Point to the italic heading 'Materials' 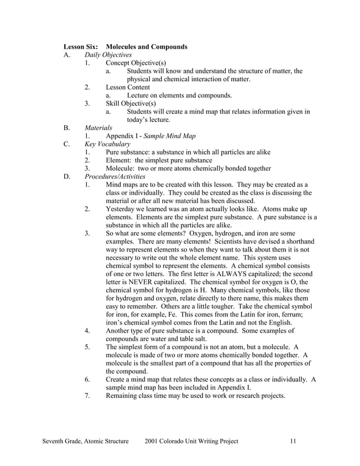click(98, 128)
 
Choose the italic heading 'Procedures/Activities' click(115, 177)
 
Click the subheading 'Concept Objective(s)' click(136, 63)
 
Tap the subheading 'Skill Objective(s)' click(131, 104)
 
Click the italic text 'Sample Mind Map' click(168, 136)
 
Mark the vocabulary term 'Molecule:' click(121, 169)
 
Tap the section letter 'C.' click(67, 144)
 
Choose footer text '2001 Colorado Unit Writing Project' click(191, 441)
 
